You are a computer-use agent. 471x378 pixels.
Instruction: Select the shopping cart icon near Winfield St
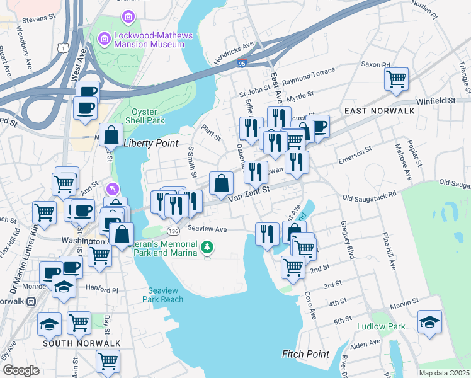click(397, 79)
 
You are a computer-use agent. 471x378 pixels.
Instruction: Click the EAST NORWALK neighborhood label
click(379, 111)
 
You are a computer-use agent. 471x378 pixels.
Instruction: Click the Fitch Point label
click(305, 354)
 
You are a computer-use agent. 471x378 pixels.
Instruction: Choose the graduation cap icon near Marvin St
click(429, 322)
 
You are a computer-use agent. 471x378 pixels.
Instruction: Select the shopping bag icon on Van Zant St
click(221, 184)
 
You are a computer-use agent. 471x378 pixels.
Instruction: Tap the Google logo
click(21, 370)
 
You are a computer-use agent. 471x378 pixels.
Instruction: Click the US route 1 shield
click(62, 47)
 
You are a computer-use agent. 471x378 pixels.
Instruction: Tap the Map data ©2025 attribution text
click(444, 373)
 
